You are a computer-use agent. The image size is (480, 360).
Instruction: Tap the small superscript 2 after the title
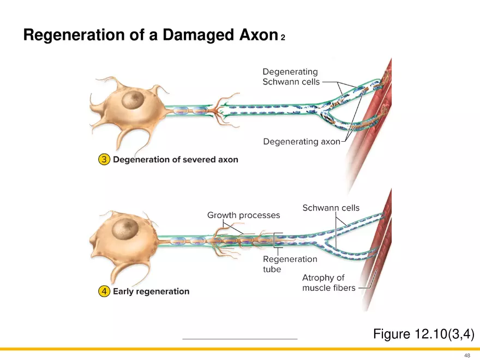tap(283, 38)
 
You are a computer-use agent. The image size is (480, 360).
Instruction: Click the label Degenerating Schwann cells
tap(290, 77)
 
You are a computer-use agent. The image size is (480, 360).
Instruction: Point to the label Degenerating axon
tap(301, 142)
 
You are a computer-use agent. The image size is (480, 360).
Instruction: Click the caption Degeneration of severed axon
tap(175, 160)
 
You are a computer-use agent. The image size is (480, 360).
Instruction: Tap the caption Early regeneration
tap(151, 291)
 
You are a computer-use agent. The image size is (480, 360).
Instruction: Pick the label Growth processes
tap(243, 215)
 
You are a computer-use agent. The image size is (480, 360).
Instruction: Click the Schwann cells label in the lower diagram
tap(331, 208)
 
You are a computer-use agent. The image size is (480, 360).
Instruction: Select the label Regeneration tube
tap(290, 264)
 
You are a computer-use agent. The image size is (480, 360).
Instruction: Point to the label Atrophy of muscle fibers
tap(328, 283)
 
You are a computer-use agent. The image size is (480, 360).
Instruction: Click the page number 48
tap(467, 355)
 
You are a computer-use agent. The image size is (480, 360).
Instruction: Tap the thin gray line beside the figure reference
tap(240, 339)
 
